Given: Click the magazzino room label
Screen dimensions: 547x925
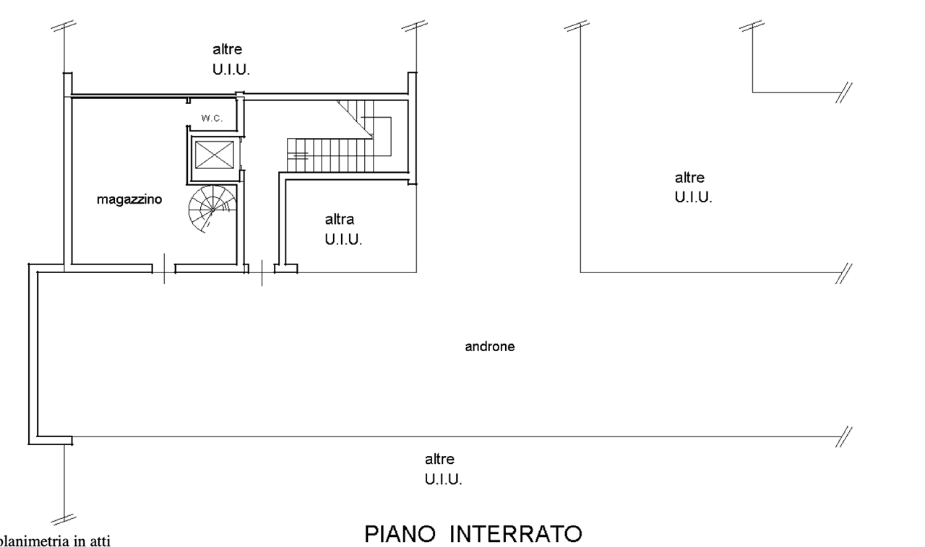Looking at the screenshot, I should pos(129,201).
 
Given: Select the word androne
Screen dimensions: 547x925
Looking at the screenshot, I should pos(489,347).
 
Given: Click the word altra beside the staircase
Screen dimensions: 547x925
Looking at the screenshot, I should pos(339,219).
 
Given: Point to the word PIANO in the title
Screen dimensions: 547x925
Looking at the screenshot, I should pos(402,535).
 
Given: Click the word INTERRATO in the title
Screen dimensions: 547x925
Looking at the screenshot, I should pos(516,535).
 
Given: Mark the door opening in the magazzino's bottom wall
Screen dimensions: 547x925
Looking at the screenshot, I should pos(164,269).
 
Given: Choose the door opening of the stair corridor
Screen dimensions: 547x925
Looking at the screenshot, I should pos(262,269).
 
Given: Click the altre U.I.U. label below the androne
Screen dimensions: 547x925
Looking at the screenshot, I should pos(443,468).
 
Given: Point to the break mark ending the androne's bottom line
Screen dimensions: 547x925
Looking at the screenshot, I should pos(843,436).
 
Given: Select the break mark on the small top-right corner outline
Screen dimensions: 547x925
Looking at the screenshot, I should pos(843,92).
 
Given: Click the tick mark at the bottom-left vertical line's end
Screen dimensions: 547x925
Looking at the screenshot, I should pos(64,517).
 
